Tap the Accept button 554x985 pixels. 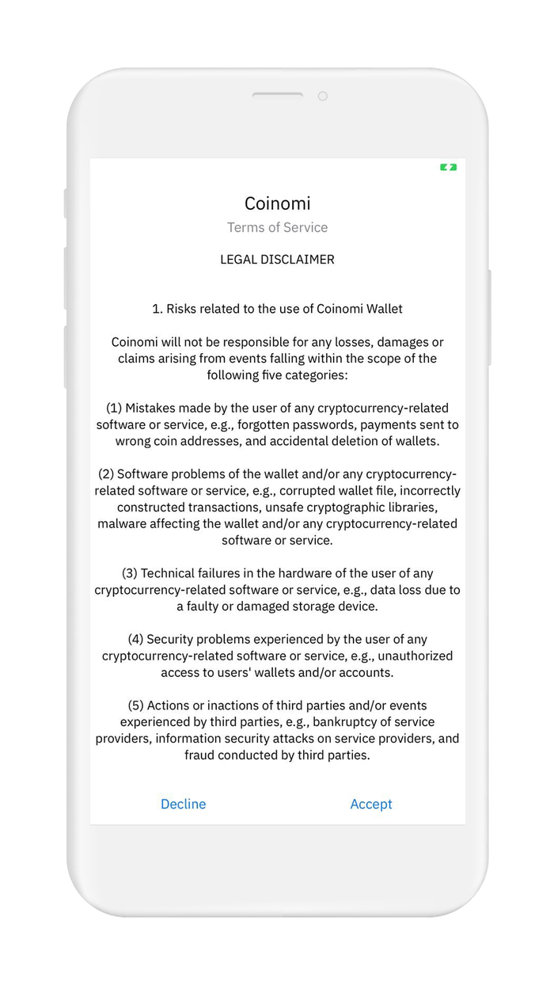tap(371, 804)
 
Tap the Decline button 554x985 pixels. tap(183, 804)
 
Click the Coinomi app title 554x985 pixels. tap(277, 203)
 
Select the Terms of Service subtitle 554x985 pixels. tap(277, 227)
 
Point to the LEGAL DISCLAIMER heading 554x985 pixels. tap(277, 259)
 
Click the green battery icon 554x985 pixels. tap(449, 167)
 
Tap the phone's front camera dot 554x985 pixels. tap(322, 96)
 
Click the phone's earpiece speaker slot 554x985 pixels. tap(277, 95)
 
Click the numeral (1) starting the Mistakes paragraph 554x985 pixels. tap(114, 408)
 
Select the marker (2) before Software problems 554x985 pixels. tap(106, 473)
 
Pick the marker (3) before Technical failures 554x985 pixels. tap(130, 573)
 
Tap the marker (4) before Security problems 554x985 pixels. tap(135, 639)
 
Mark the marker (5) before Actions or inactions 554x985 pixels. tap(135, 705)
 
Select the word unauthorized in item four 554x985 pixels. tap(415, 656)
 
